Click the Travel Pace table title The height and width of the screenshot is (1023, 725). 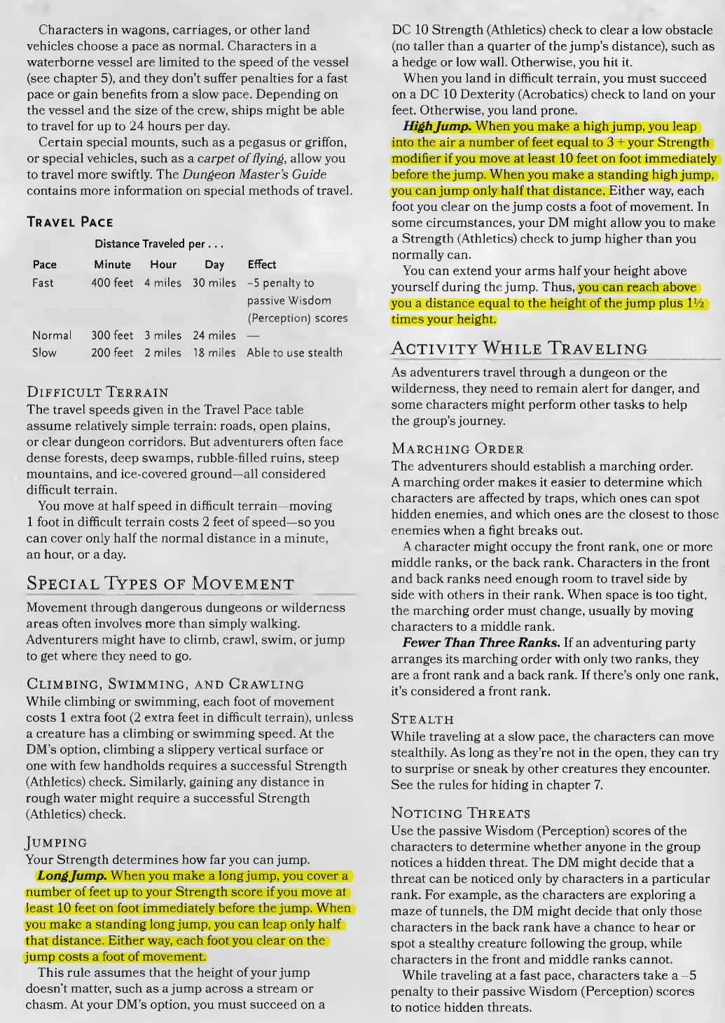coord(69,222)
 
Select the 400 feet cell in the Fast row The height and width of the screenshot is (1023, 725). coord(112,283)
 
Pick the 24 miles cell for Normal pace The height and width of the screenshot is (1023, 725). coord(214,335)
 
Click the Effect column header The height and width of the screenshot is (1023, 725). coord(261,265)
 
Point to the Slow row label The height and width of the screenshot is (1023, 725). coord(44,353)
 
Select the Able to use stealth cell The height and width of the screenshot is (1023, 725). coord(294,353)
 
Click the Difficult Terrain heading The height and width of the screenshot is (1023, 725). coord(97,392)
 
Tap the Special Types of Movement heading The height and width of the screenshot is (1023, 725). coord(160,584)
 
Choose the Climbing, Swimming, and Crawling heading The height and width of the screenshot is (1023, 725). coord(165,684)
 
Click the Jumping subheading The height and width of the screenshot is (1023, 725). coord(57,842)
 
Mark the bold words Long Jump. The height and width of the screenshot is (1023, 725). coord(72,876)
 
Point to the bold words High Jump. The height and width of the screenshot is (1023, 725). coord(438,127)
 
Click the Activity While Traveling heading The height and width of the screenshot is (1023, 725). coord(519,349)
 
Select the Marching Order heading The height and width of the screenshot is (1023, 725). coord(457,449)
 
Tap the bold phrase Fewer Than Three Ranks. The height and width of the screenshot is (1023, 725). coord(481,643)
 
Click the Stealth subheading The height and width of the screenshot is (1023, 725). coord(422,719)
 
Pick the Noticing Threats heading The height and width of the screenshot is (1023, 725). coord(460,813)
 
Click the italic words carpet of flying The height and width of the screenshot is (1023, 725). coord(240,158)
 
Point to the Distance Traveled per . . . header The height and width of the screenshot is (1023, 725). coord(159,244)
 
